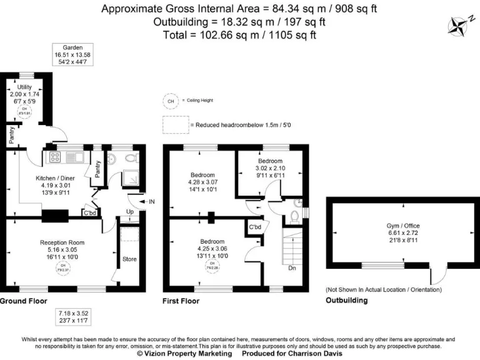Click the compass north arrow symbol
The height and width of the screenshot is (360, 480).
pyautogui.click(x=459, y=25)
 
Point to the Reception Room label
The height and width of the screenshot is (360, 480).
pyautogui.click(x=62, y=242)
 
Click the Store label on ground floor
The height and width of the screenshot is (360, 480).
pyautogui.click(x=129, y=259)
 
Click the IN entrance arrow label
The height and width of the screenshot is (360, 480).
pyautogui.click(x=152, y=201)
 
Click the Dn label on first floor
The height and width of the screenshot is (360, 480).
pyautogui.click(x=292, y=269)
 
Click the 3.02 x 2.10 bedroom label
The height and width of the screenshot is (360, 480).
pyautogui.click(x=271, y=168)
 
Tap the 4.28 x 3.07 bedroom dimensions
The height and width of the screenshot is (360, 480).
pyautogui.click(x=202, y=182)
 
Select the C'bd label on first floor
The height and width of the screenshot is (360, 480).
pyautogui.click(x=255, y=227)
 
